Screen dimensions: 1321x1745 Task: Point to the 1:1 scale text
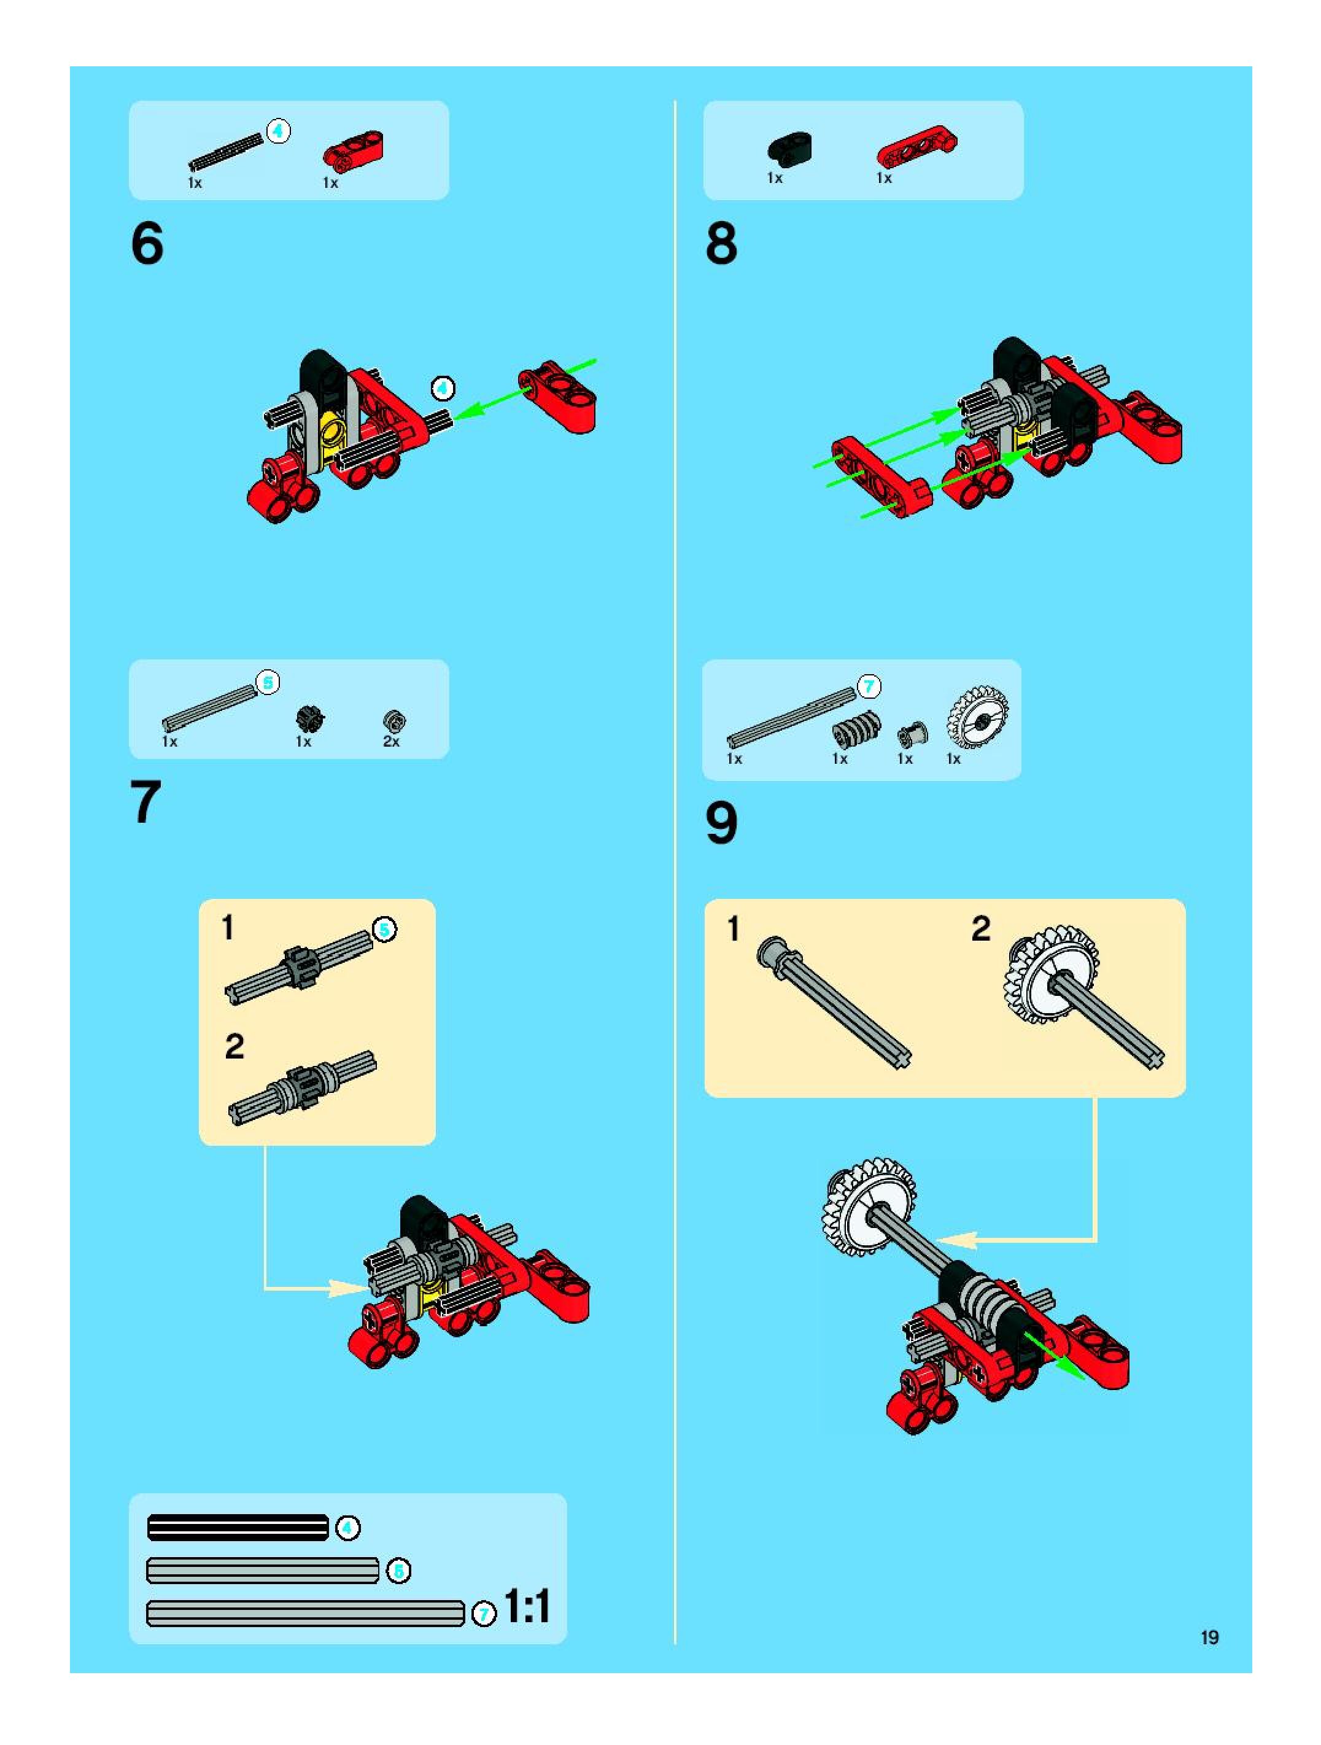[527, 1606]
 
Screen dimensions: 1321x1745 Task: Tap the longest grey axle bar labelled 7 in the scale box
[305, 1612]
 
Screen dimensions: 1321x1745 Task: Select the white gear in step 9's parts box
[977, 718]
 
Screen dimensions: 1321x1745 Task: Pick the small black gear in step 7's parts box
[310, 718]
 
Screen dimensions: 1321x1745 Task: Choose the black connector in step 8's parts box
[789, 147]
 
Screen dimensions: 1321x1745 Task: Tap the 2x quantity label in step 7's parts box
[391, 742]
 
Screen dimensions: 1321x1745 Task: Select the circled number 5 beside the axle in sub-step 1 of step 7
[385, 930]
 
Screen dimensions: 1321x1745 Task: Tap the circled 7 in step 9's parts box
[869, 686]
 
